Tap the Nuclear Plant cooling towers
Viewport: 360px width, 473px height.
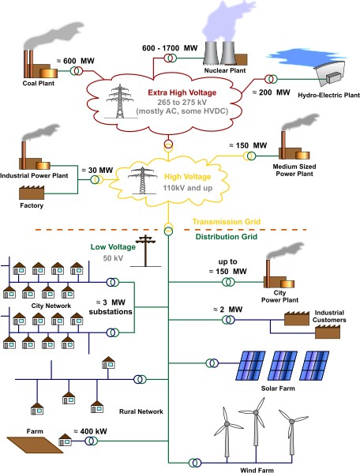(221, 50)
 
